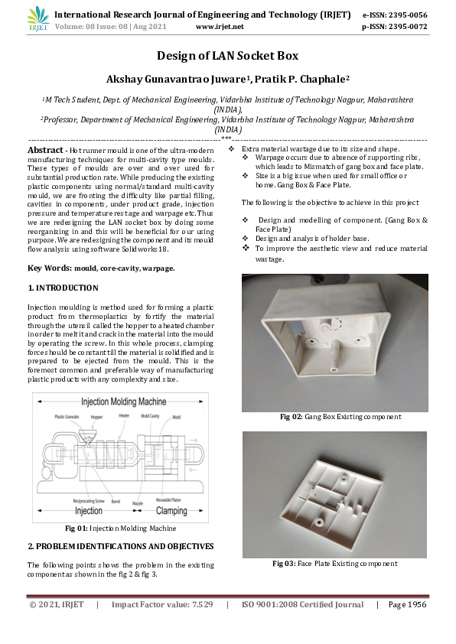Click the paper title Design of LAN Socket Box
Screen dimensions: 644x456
[x=227, y=56]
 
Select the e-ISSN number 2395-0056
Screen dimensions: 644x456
[x=406, y=15]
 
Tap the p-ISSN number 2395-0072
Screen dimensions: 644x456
[x=406, y=26]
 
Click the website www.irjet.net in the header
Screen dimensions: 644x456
[x=220, y=26]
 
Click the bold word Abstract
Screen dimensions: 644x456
[x=45, y=150]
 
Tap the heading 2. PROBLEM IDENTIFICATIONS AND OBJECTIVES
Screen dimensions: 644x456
[x=120, y=546]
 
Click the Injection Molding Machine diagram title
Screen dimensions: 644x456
[x=124, y=401]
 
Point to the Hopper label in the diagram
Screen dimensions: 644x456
[x=96, y=417]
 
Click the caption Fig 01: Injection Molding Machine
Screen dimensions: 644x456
[x=120, y=529]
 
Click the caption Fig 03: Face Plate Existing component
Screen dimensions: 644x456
[x=334, y=564]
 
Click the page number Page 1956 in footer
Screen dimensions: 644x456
[x=406, y=605]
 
